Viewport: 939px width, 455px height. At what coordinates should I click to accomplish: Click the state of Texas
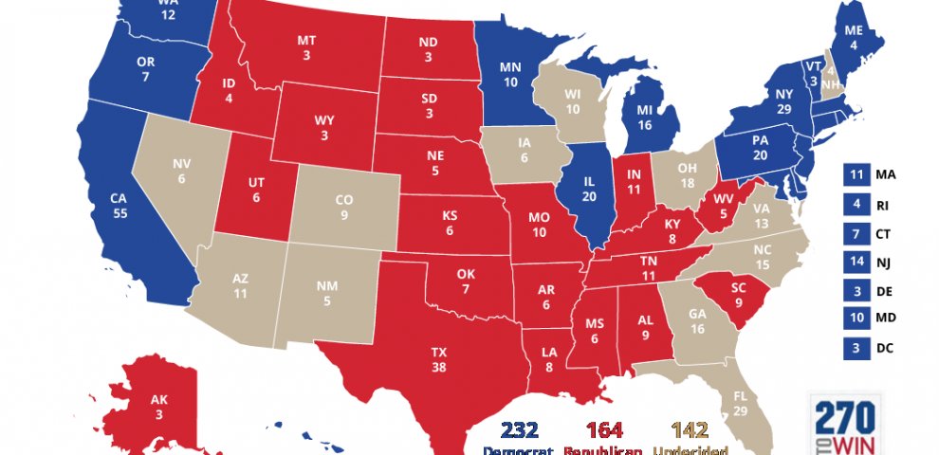point(439,360)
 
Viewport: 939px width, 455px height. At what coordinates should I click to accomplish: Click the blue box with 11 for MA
point(856,174)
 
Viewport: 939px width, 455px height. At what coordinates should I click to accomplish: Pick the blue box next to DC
point(856,348)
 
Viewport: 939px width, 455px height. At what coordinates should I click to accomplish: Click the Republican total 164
point(604,429)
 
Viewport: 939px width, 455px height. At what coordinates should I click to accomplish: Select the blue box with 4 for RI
point(856,203)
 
